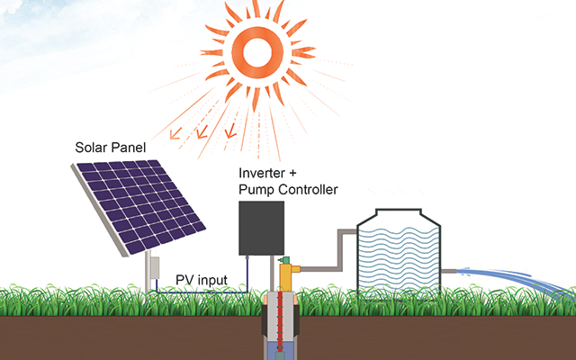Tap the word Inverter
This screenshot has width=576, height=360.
[x=262, y=173]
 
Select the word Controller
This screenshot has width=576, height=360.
[x=308, y=190]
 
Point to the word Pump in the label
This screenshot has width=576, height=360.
[x=256, y=191]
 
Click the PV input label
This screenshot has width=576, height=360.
[x=202, y=280]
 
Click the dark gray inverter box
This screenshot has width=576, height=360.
[x=262, y=228]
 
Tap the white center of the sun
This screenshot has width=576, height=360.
[x=257, y=52]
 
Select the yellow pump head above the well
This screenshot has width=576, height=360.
[x=289, y=275]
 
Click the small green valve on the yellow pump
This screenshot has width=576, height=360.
[x=284, y=260]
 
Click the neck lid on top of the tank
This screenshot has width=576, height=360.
[x=398, y=212]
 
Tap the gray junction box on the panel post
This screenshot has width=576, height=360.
[x=155, y=267]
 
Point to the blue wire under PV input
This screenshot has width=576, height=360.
[x=202, y=292]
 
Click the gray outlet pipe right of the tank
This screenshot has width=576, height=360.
[x=448, y=272]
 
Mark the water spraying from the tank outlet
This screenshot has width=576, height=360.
[x=514, y=281]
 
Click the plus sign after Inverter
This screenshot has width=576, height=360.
[x=292, y=173]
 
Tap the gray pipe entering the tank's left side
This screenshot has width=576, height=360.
[x=329, y=250]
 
